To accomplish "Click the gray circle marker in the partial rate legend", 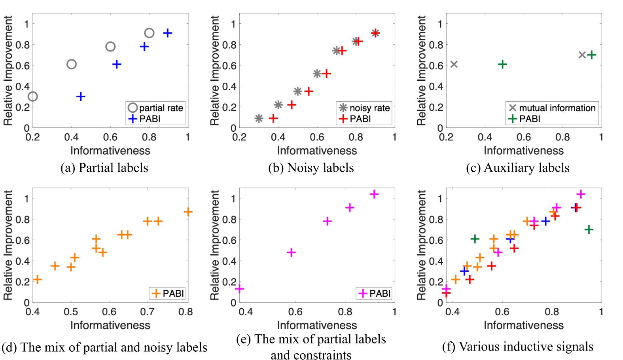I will coord(133,108).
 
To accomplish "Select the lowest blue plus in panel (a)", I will coord(81,96).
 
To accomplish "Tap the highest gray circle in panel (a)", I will coord(149,33).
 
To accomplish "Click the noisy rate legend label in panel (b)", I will coord(369,108).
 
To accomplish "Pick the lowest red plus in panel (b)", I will coord(273,118).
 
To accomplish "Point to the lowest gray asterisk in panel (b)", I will coord(259,118).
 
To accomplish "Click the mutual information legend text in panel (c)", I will coord(557,108).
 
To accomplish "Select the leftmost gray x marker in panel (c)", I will coord(454,64).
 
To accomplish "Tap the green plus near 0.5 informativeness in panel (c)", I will coord(502,64).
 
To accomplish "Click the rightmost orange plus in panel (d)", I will coord(188,212).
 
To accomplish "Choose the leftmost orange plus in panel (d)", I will coord(37,280).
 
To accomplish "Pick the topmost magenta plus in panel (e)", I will coord(374,194).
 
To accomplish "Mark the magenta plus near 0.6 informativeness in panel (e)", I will coord(291,252).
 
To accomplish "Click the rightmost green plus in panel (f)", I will coord(589,229).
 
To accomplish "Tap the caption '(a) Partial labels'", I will coord(104,168).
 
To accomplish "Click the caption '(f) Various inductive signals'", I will coord(518,347).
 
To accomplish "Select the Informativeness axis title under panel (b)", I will coord(317,151).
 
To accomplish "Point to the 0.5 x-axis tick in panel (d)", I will coord(71,312).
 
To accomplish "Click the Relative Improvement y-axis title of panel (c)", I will coord(422,70).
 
